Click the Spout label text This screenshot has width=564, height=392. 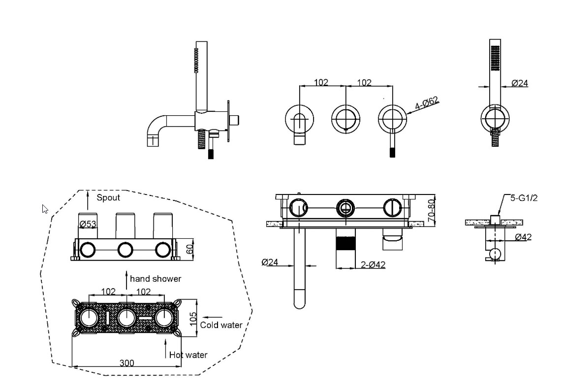click(x=108, y=197)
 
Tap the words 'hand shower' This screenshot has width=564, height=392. click(x=156, y=279)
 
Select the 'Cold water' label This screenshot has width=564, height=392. click(x=221, y=325)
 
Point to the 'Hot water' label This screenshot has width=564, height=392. click(x=188, y=355)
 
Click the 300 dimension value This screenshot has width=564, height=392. click(x=127, y=363)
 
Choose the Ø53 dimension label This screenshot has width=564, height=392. click(x=88, y=224)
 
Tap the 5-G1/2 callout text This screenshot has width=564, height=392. click(x=524, y=198)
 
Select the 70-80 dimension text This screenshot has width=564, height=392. click(x=432, y=211)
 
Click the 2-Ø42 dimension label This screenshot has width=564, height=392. click(x=373, y=265)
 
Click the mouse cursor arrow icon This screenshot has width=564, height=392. click(x=45, y=209)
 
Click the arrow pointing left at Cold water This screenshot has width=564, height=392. click(x=213, y=317)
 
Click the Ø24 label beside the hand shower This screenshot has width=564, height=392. click(x=520, y=83)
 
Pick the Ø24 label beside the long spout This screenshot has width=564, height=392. click(x=270, y=262)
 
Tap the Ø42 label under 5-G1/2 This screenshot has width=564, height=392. click(x=523, y=237)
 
